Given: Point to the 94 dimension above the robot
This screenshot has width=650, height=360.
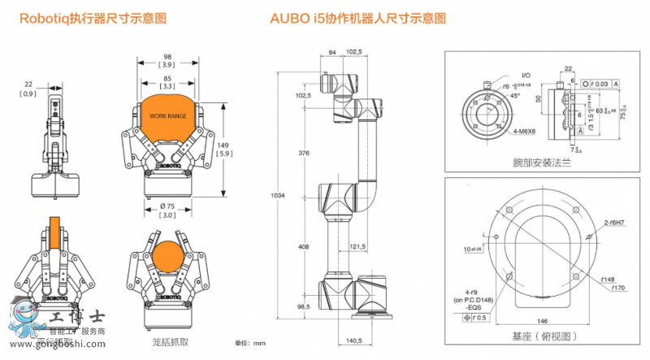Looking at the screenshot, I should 331,52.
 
